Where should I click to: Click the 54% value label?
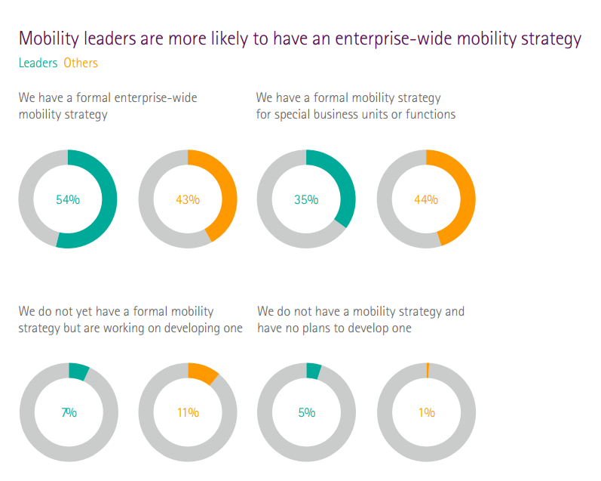click(x=68, y=200)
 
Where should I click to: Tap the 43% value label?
click(x=188, y=200)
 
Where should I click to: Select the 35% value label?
click(x=306, y=200)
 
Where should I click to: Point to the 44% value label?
click(x=426, y=200)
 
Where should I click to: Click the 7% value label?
click(x=69, y=412)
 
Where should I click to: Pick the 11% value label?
click(x=188, y=412)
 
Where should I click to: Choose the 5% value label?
click(x=306, y=412)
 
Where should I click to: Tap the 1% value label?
click(x=427, y=412)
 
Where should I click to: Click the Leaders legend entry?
click(x=38, y=63)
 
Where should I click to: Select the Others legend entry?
click(x=81, y=63)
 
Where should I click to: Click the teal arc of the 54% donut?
click(x=109, y=200)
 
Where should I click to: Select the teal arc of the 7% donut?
click(x=78, y=372)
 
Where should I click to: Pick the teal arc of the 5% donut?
click(x=313, y=371)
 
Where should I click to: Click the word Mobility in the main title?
click(x=49, y=39)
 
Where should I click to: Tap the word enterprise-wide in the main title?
click(x=407, y=39)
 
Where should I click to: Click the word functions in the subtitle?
click(x=431, y=115)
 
